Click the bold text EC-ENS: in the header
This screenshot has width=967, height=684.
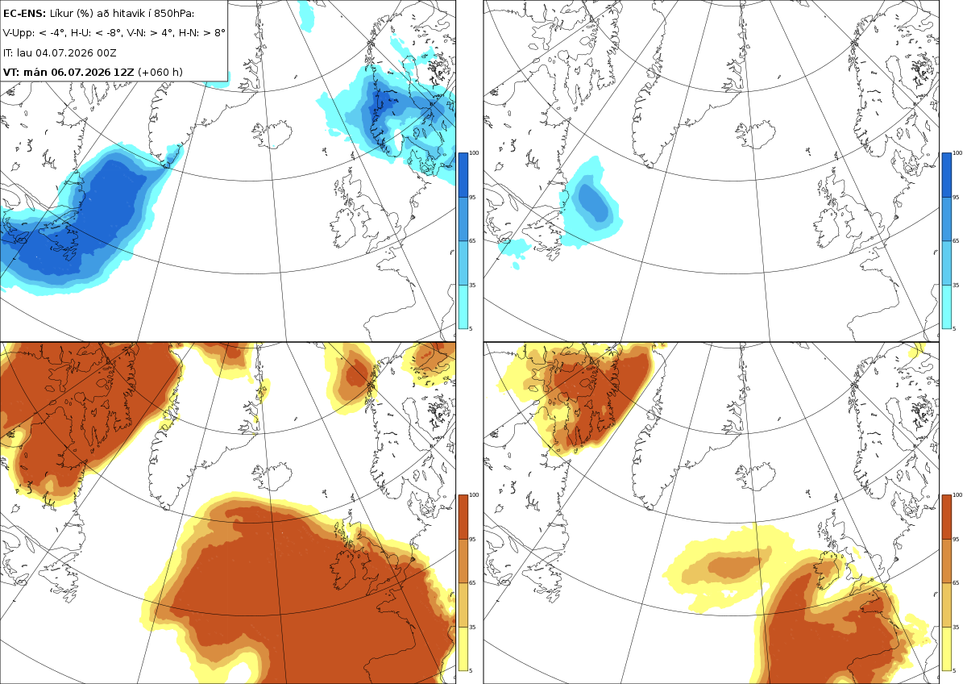(24, 14)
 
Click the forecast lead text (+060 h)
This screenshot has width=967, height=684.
(160, 72)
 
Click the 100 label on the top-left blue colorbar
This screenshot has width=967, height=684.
(474, 153)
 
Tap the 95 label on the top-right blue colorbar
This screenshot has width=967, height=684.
(956, 197)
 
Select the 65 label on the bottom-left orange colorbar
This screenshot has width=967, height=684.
(472, 582)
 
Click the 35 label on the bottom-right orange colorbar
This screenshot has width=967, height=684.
(956, 627)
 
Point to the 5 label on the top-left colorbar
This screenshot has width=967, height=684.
(471, 328)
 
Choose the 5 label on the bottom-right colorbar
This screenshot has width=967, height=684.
(953, 670)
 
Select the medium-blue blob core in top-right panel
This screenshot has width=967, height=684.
(593, 202)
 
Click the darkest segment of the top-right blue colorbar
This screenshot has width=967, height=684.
(946, 175)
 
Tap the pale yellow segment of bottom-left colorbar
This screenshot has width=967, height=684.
(463, 649)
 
